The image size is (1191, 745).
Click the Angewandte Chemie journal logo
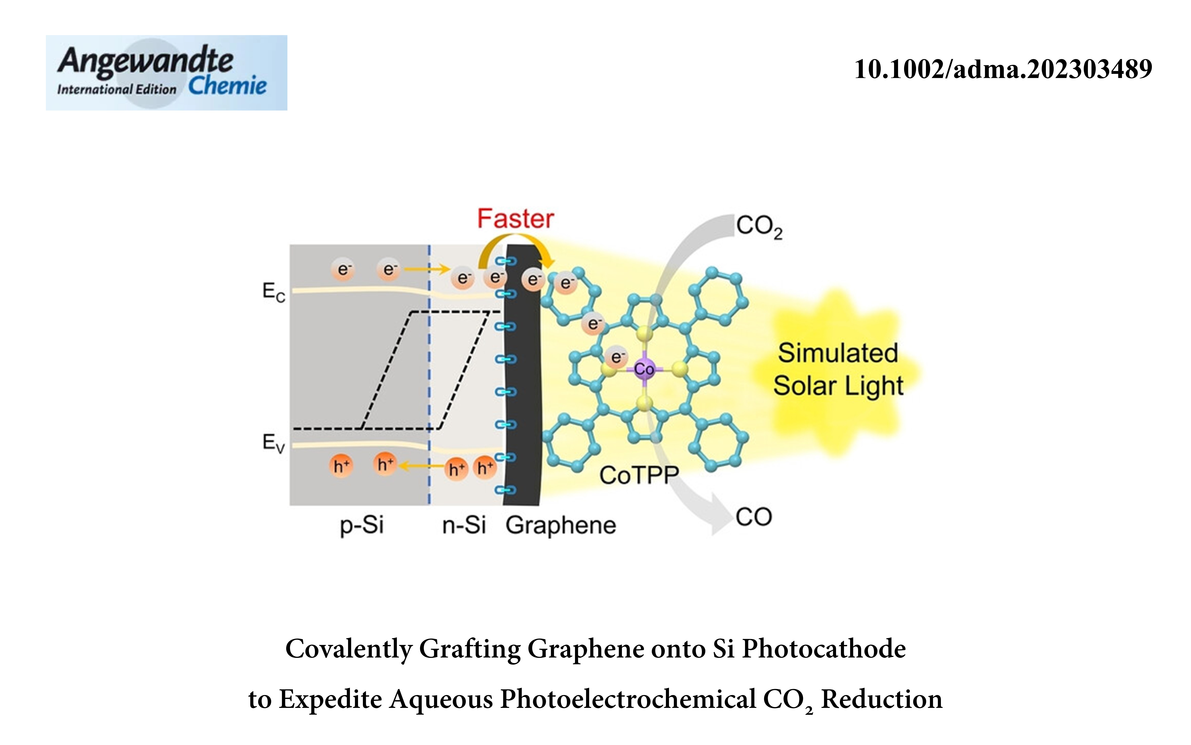(x=166, y=72)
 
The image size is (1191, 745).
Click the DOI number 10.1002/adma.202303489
(x=1003, y=69)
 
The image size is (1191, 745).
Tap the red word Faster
(x=515, y=219)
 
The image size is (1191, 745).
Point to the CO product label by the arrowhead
(x=753, y=517)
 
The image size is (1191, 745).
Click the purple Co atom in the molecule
(x=644, y=369)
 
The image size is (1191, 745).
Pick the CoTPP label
(x=639, y=475)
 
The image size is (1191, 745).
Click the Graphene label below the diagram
(x=561, y=525)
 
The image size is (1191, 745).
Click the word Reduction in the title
(x=881, y=699)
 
